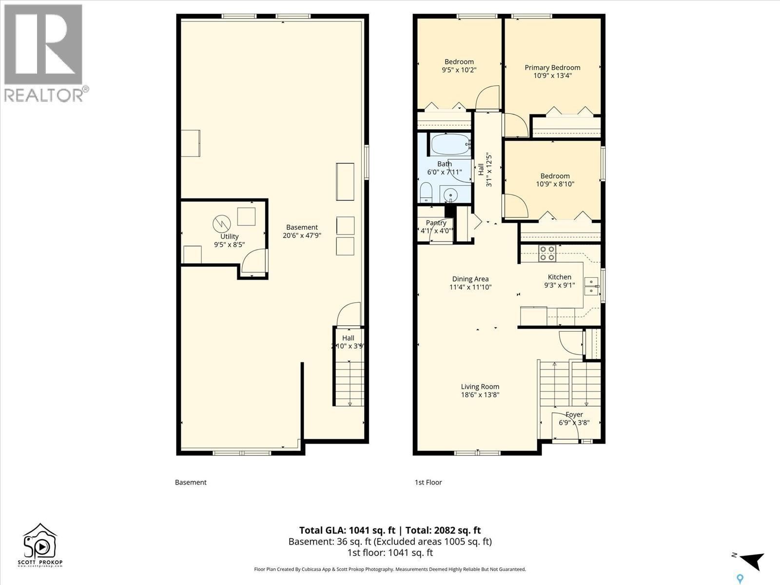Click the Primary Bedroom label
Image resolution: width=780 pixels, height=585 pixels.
point(552,68)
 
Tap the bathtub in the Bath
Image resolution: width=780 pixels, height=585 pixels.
point(449,144)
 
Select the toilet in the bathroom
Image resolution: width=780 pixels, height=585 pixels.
point(426,193)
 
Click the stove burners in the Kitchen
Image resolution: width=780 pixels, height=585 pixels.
point(547,253)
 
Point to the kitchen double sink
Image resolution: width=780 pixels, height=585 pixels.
point(591,286)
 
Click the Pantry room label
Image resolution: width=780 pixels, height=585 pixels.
point(436,223)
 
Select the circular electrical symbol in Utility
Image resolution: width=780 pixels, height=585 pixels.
point(221,224)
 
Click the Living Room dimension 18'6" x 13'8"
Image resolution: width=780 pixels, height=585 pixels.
point(480,395)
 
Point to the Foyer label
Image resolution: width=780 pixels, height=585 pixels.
point(574,414)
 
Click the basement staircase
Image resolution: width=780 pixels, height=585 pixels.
point(349,383)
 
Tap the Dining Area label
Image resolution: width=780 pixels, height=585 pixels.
point(470,279)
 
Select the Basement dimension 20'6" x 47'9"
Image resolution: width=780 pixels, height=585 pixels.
point(302,235)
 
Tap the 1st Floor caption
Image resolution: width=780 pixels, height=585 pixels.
point(428,482)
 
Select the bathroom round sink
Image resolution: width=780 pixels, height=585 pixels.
point(452,195)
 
